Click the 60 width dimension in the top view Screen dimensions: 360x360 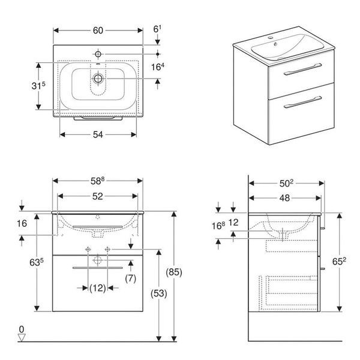tap(98, 31)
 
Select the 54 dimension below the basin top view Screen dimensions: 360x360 tap(98, 135)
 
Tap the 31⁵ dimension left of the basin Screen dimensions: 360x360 tap(38, 86)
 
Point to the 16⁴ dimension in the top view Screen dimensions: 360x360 tap(158, 67)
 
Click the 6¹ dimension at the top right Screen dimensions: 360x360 tap(157, 29)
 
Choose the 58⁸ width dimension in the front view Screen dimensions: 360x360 tap(97, 181)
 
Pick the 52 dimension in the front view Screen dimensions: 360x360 tap(98, 196)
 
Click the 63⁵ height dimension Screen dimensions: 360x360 tap(37, 262)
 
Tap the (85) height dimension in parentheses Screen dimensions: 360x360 tap(174, 272)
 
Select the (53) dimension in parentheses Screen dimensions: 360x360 tap(158, 293)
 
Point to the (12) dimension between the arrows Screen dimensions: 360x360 tap(98, 288)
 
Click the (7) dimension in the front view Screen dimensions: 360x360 tap(131, 278)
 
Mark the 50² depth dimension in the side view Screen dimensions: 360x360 tap(286, 184)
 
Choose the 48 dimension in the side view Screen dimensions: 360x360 tap(284, 198)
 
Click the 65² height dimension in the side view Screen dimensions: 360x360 tap(339, 261)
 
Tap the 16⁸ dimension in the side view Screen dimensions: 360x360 tap(218, 226)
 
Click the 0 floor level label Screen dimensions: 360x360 tap(22, 329)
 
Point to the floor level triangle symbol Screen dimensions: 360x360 tap(22, 337)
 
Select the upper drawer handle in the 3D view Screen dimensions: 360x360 tap(302, 69)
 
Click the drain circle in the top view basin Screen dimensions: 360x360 tap(98, 79)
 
